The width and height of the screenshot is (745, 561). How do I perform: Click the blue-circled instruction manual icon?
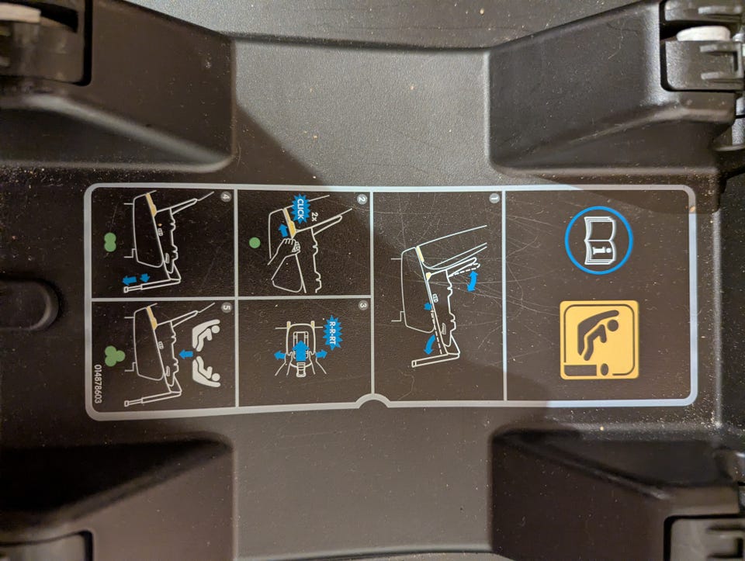click(x=598, y=240)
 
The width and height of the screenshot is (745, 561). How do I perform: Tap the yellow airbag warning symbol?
click(x=599, y=340)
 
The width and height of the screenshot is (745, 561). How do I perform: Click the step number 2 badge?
click(x=362, y=199)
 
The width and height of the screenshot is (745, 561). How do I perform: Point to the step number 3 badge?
click(x=363, y=306)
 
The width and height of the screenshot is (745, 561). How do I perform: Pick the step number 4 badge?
click(x=226, y=196)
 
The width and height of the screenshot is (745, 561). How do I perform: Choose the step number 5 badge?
click(x=226, y=307)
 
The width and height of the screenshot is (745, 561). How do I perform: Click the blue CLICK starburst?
click(x=299, y=209)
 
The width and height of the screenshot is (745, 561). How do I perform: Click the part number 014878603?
click(x=99, y=384)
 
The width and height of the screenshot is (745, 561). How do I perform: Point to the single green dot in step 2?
click(x=255, y=243)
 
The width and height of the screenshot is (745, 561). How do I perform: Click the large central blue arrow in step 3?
click(x=300, y=351)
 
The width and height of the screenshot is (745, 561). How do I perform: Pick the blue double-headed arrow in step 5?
click(x=186, y=354)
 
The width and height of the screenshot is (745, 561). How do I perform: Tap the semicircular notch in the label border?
click(x=373, y=403)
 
